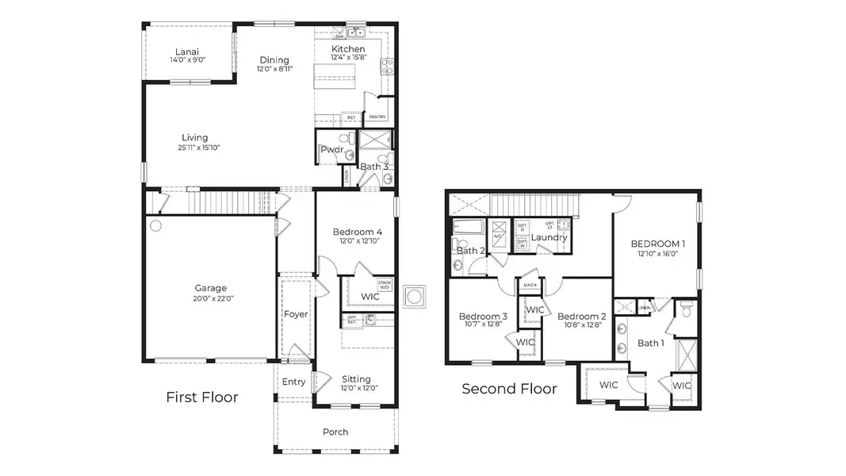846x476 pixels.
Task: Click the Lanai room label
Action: pyautogui.click(x=187, y=51)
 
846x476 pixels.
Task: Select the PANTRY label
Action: pyautogui.click(x=377, y=117)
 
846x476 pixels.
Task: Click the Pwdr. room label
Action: pyautogui.click(x=331, y=149)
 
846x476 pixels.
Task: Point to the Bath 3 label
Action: pyautogui.click(x=374, y=167)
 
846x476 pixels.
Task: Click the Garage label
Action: pyautogui.click(x=211, y=288)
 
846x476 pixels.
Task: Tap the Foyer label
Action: pyautogui.click(x=296, y=314)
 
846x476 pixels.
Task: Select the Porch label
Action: pyautogui.click(x=335, y=432)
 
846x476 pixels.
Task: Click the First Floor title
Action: pyautogui.click(x=201, y=397)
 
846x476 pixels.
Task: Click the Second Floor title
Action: pyautogui.click(x=509, y=389)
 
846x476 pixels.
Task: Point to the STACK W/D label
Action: pyautogui.click(x=385, y=284)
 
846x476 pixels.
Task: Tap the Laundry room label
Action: pyautogui.click(x=548, y=237)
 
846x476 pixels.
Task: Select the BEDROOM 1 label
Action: pyautogui.click(x=658, y=244)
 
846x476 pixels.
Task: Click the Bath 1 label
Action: pyautogui.click(x=650, y=343)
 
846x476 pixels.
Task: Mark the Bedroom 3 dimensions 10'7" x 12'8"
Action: pyautogui.click(x=483, y=324)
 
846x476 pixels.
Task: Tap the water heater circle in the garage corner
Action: pyautogui.click(x=155, y=226)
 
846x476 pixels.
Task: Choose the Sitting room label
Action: pyautogui.click(x=356, y=378)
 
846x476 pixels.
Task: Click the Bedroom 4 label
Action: pyautogui.click(x=357, y=232)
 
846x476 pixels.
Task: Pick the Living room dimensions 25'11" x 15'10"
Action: pyautogui.click(x=194, y=148)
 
